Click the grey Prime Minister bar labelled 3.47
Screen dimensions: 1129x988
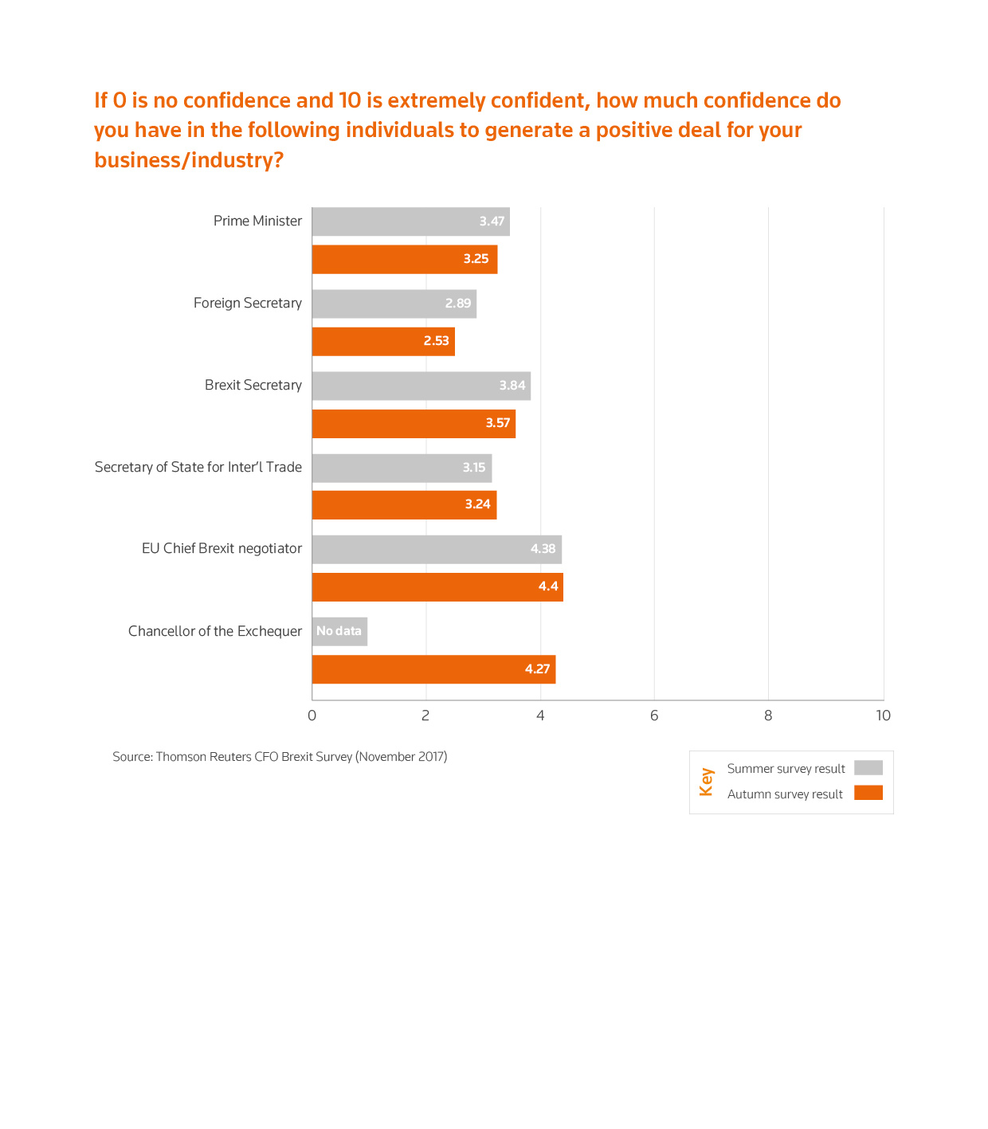[410, 221]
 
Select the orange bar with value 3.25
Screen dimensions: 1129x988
[404, 259]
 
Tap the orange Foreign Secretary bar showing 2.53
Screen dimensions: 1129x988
[383, 341]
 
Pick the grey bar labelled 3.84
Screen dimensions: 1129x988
[421, 386]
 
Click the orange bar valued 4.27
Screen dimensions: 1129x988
[433, 669]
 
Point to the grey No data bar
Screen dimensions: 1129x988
[339, 631]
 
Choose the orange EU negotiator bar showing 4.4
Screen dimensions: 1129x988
[437, 587]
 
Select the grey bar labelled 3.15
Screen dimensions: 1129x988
[402, 468]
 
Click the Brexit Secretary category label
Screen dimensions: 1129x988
[253, 386]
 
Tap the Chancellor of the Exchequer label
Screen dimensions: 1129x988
[215, 631]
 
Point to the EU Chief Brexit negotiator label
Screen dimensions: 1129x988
[222, 549]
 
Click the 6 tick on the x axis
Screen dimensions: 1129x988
[654, 715]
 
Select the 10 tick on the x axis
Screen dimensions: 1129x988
[883, 715]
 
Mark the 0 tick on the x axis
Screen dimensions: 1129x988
[312, 715]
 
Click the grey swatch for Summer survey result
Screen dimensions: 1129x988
[868, 768]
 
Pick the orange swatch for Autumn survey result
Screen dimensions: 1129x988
[868, 793]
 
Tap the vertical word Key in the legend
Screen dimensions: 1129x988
[706, 782]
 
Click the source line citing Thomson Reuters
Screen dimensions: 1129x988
[280, 757]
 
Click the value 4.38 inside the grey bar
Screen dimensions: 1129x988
[543, 549]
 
